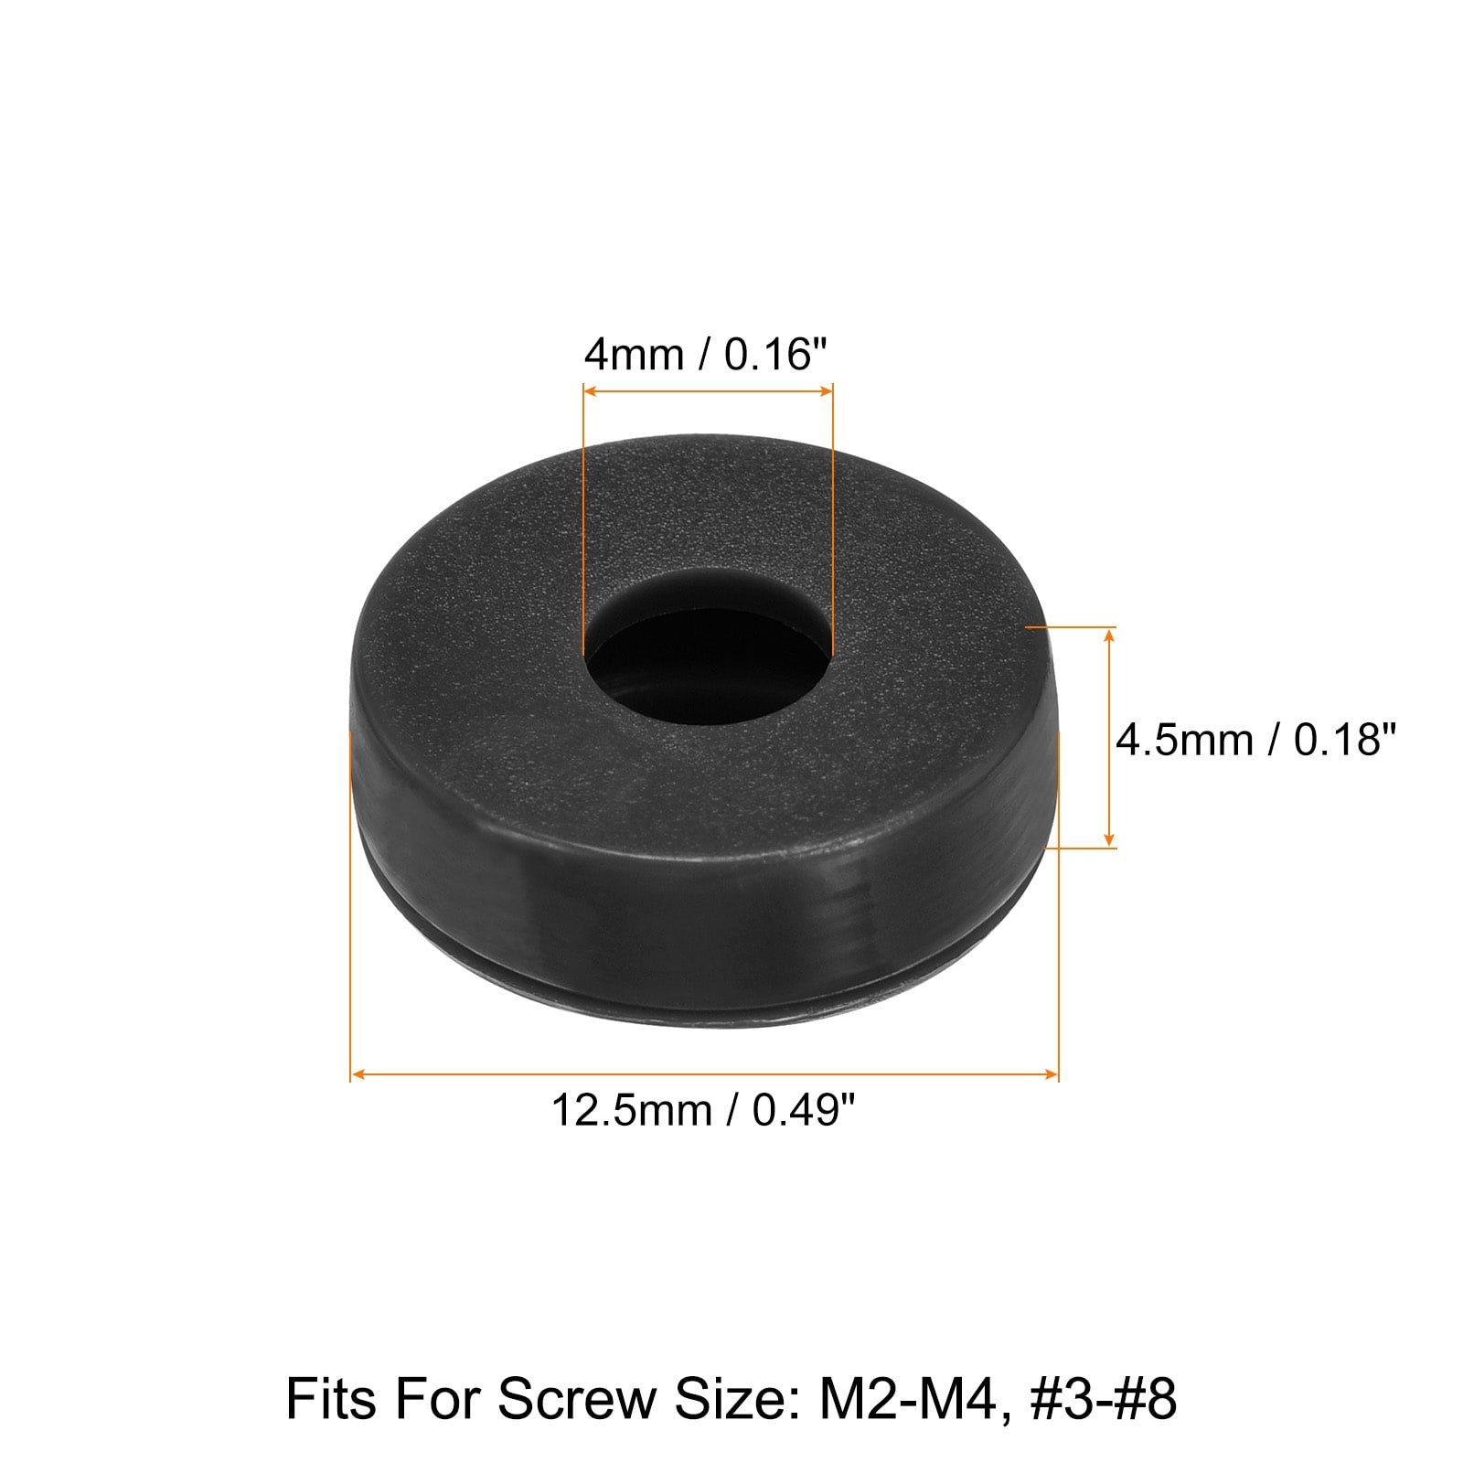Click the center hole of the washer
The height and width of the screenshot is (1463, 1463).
[709, 664]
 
